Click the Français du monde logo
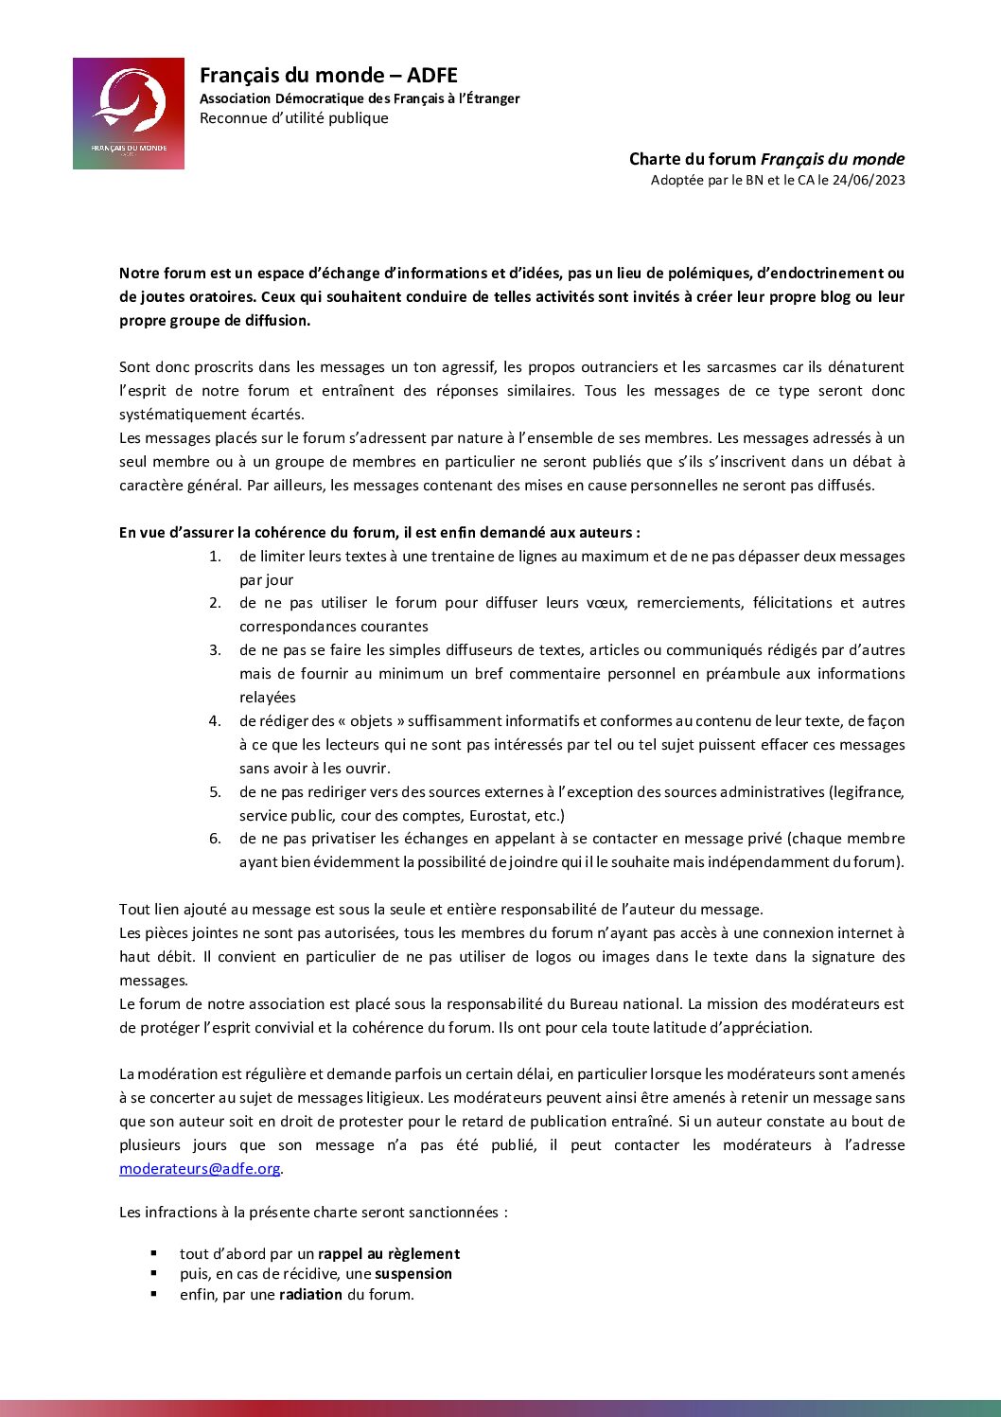tap(129, 114)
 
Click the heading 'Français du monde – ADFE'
tap(328, 76)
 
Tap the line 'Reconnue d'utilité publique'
tap(293, 118)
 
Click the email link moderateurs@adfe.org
tap(200, 1169)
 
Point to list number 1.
tap(215, 557)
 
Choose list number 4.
tap(215, 721)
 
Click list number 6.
tap(215, 839)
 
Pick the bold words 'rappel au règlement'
tap(389, 1254)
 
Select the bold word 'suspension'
tap(413, 1274)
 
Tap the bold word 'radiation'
tap(310, 1295)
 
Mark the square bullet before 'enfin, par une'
tap(154, 1294)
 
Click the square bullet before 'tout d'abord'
tap(154, 1253)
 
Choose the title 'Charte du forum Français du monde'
tap(766, 159)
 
